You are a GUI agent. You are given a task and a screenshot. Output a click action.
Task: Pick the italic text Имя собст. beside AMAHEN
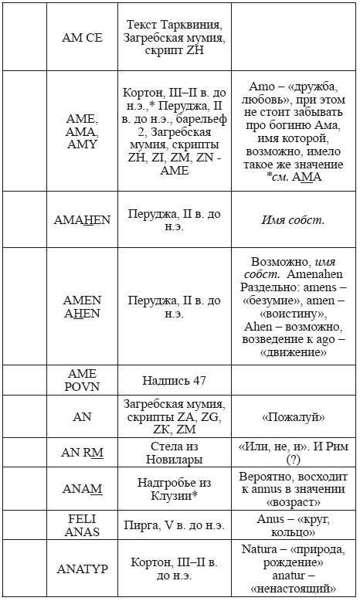[x=294, y=219]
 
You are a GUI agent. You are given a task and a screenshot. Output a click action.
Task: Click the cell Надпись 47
[x=175, y=380]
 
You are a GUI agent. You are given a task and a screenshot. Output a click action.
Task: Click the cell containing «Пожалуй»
[x=294, y=417]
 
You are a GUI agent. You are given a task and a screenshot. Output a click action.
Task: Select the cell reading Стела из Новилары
[x=174, y=453]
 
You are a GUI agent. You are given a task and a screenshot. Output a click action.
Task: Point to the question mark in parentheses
[x=294, y=460]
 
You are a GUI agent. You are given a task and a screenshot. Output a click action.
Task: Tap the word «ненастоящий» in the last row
[x=294, y=589]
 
